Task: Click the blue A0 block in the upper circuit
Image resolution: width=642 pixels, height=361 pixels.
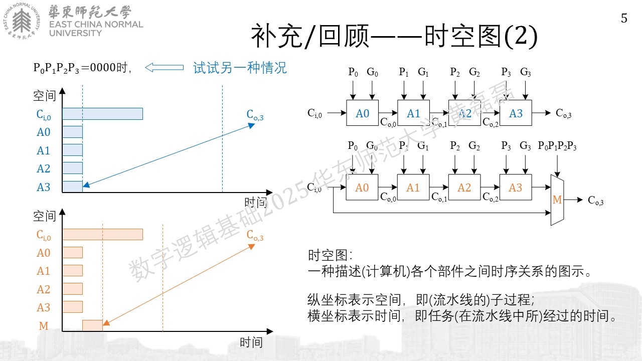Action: (x=362, y=113)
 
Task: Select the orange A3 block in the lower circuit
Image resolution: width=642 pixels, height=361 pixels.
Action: (x=515, y=188)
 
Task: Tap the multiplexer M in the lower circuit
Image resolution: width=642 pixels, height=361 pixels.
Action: (x=557, y=200)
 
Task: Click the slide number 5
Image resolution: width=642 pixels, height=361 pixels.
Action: (x=624, y=19)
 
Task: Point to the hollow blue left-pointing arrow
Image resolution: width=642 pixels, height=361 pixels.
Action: (x=164, y=68)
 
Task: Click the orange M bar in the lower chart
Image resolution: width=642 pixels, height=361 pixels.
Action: (x=92, y=325)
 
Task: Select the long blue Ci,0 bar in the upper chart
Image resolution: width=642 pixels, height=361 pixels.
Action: (x=103, y=114)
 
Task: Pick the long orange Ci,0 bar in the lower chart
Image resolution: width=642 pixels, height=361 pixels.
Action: (x=103, y=234)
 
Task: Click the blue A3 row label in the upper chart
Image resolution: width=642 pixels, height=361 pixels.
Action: (x=44, y=187)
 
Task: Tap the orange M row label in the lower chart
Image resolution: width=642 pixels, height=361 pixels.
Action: (x=44, y=326)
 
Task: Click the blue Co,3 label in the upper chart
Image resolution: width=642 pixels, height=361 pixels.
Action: (x=255, y=115)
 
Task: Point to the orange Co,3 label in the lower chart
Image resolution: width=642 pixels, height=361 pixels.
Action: (x=255, y=235)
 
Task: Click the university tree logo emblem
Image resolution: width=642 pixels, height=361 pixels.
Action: (x=22, y=21)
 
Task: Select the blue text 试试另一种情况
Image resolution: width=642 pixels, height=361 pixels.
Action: (x=240, y=68)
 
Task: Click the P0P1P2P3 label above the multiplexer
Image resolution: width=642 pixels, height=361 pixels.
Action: (x=557, y=146)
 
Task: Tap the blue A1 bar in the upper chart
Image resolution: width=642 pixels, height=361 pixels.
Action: (x=73, y=150)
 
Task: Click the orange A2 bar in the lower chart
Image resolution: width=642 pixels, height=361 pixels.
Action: (x=73, y=289)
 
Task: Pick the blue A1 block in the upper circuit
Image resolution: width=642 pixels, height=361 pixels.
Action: (x=413, y=113)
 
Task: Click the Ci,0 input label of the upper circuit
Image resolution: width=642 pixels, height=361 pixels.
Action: (x=314, y=113)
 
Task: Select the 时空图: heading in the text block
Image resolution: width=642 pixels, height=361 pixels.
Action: (x=330, y=255)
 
